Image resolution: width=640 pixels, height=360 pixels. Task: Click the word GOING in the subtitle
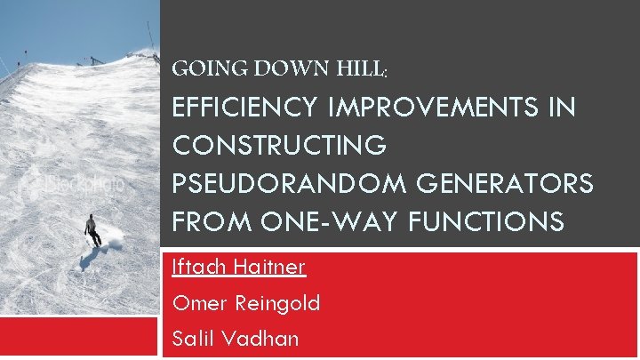coord(198,68)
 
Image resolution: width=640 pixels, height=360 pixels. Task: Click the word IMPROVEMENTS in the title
coord(427,108)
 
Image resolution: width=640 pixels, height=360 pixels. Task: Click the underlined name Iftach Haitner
coord(239,266)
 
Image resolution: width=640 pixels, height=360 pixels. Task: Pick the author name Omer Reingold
coord(246,303)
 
